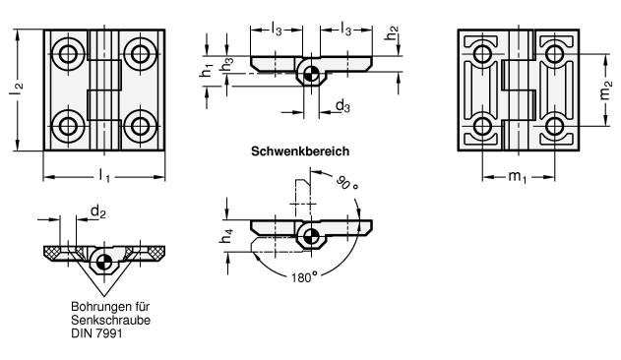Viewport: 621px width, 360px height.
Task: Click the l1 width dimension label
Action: [x=105, y=171]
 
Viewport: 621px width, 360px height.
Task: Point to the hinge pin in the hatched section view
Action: [x=102, y=261]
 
